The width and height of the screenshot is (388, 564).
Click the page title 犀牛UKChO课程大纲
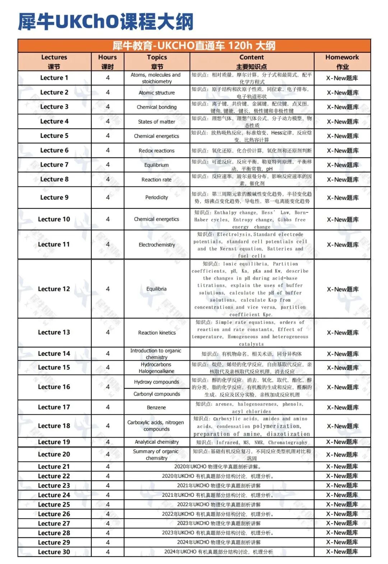point(106,22)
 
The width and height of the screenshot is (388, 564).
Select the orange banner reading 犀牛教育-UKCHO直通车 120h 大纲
point(194,46)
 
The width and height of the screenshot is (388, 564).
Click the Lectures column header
point(54,61)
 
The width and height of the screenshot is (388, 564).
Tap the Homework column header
point(342,61)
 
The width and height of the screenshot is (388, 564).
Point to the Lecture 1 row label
point(54,78)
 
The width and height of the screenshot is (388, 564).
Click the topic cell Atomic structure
point(157,93)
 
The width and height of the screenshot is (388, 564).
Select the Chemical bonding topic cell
point(157,107)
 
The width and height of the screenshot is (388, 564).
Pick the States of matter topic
point(157,122)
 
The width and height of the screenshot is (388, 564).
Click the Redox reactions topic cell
point(157,151)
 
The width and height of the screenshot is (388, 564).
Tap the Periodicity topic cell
point(157,197)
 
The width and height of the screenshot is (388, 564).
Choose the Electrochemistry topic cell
point(157,245)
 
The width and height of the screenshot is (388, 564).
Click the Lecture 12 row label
point(54,289)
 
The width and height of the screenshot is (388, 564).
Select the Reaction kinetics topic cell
point(157,333)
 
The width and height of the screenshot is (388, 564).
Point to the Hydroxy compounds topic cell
point(157,382)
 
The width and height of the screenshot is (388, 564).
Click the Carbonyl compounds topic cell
point(157,394)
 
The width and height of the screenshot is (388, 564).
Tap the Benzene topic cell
point(157,408)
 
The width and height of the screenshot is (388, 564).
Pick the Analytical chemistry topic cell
point(157,442)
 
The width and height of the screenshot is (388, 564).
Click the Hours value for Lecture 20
point(108,454)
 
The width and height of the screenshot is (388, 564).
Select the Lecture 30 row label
point(54,552)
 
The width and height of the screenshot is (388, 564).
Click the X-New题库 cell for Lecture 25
point(342,504)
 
